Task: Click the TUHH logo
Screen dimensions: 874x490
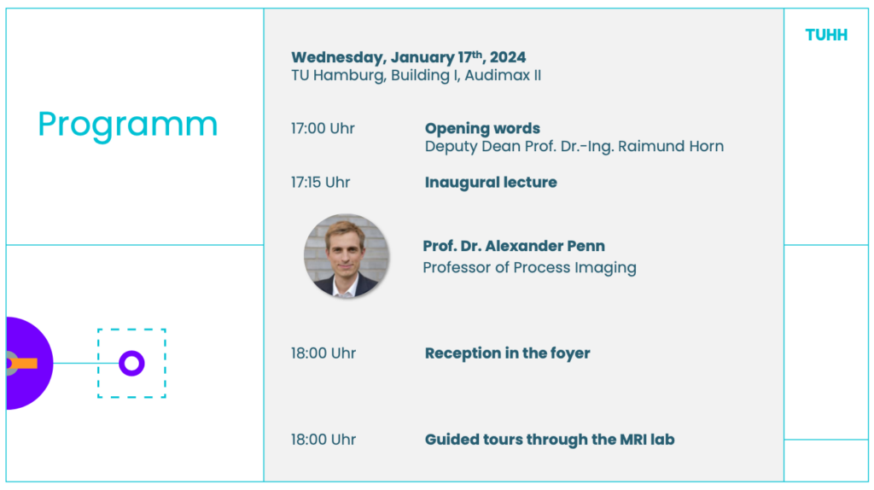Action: coord(826,35)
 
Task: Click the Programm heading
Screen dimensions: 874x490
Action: coord(128,125)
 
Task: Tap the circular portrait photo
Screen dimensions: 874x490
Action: coord(347,256)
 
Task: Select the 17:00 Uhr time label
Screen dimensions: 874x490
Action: coord(323,128)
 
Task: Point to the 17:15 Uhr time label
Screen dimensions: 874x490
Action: coord(321,183)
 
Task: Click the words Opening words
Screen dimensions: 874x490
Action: coord(482,129)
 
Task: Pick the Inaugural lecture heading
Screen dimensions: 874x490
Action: coord(491,183)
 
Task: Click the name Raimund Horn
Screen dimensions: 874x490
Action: coord(671,146)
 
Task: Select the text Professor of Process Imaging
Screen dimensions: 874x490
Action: coord(529,268)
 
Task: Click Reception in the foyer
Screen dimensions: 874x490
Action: coord(507,353)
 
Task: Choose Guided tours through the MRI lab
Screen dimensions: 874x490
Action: coord(550,440)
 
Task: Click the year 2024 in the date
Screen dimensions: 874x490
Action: coord(508,57)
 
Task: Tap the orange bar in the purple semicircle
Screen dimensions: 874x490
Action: coord(22,364)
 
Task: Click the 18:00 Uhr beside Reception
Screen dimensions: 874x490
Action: coord(323,353)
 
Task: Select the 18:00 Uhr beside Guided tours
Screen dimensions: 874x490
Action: coord(323,440)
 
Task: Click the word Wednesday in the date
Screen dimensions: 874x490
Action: coord(338,58)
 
